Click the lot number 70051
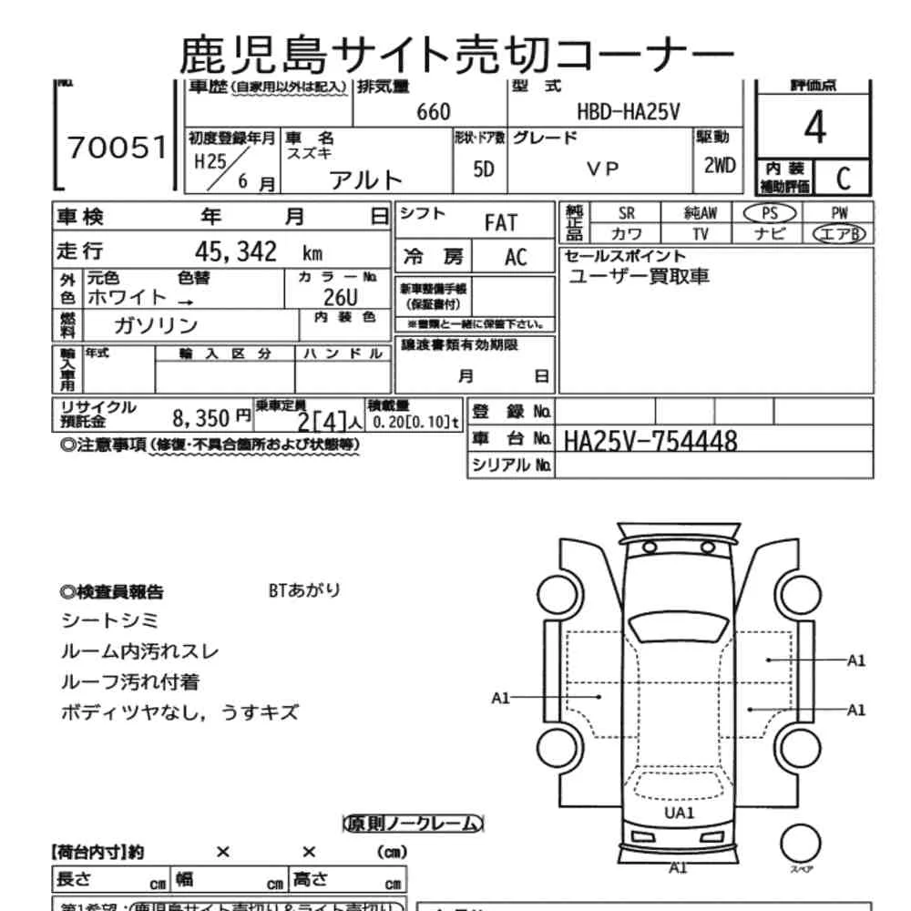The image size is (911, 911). [x=118, y=148]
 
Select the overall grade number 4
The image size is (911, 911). [x=814, y=128]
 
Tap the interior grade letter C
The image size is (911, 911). [x=842, y=178]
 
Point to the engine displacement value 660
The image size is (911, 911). [x=433, y=111]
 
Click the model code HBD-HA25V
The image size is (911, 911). [x=629, y=111]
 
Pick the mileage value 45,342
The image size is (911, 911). [x=236, y=252]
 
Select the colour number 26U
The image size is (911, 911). [x=341, y=297]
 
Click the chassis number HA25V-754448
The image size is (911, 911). [x=650, y=441]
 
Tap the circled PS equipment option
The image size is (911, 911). [x=769, y=212]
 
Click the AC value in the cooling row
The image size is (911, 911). [x=516, y=257]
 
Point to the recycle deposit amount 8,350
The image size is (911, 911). [x=200, y=418]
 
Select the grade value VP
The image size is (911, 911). [x=602, y=169]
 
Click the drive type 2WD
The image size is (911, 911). [x=719, y=167]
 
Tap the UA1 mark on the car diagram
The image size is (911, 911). [x=679, y=814]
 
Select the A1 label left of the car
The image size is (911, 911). [x=500, y=698]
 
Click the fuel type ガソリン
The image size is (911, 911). [x=156, y=325]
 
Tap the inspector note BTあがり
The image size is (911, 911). [x=304, y=590]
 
